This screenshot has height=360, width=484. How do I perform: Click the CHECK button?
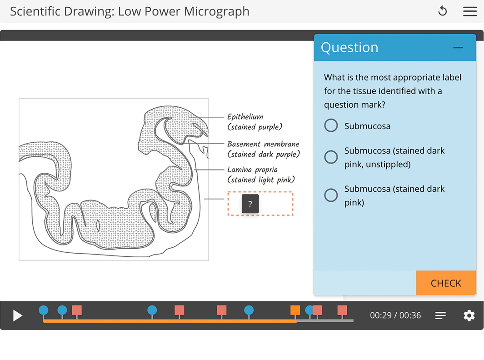point(446,283)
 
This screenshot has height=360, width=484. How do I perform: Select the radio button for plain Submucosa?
point(331,126)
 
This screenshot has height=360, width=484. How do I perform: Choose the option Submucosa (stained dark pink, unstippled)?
point(331,157)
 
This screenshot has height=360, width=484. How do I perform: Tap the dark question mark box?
point(250,205)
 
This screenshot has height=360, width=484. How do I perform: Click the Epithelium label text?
point(245,117)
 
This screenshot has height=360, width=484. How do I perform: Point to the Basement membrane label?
point(263,144)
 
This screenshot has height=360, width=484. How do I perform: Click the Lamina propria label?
point(252,170)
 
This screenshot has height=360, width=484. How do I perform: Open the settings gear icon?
point(469,315)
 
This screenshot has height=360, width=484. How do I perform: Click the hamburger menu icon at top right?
point(470,11)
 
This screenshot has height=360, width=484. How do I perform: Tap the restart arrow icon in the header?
point(443,11)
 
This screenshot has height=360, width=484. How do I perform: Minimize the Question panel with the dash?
point(458,48)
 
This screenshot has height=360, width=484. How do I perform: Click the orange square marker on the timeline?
point(295,310)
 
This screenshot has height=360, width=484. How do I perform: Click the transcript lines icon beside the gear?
point(440,315)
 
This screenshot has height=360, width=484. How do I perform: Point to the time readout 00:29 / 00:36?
point(395,315)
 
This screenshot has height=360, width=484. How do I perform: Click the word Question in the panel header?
point(349,48)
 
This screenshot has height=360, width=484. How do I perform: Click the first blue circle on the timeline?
point(43,310)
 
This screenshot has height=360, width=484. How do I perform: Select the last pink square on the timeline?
point(342,310)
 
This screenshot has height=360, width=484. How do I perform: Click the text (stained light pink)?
point(261,180)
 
